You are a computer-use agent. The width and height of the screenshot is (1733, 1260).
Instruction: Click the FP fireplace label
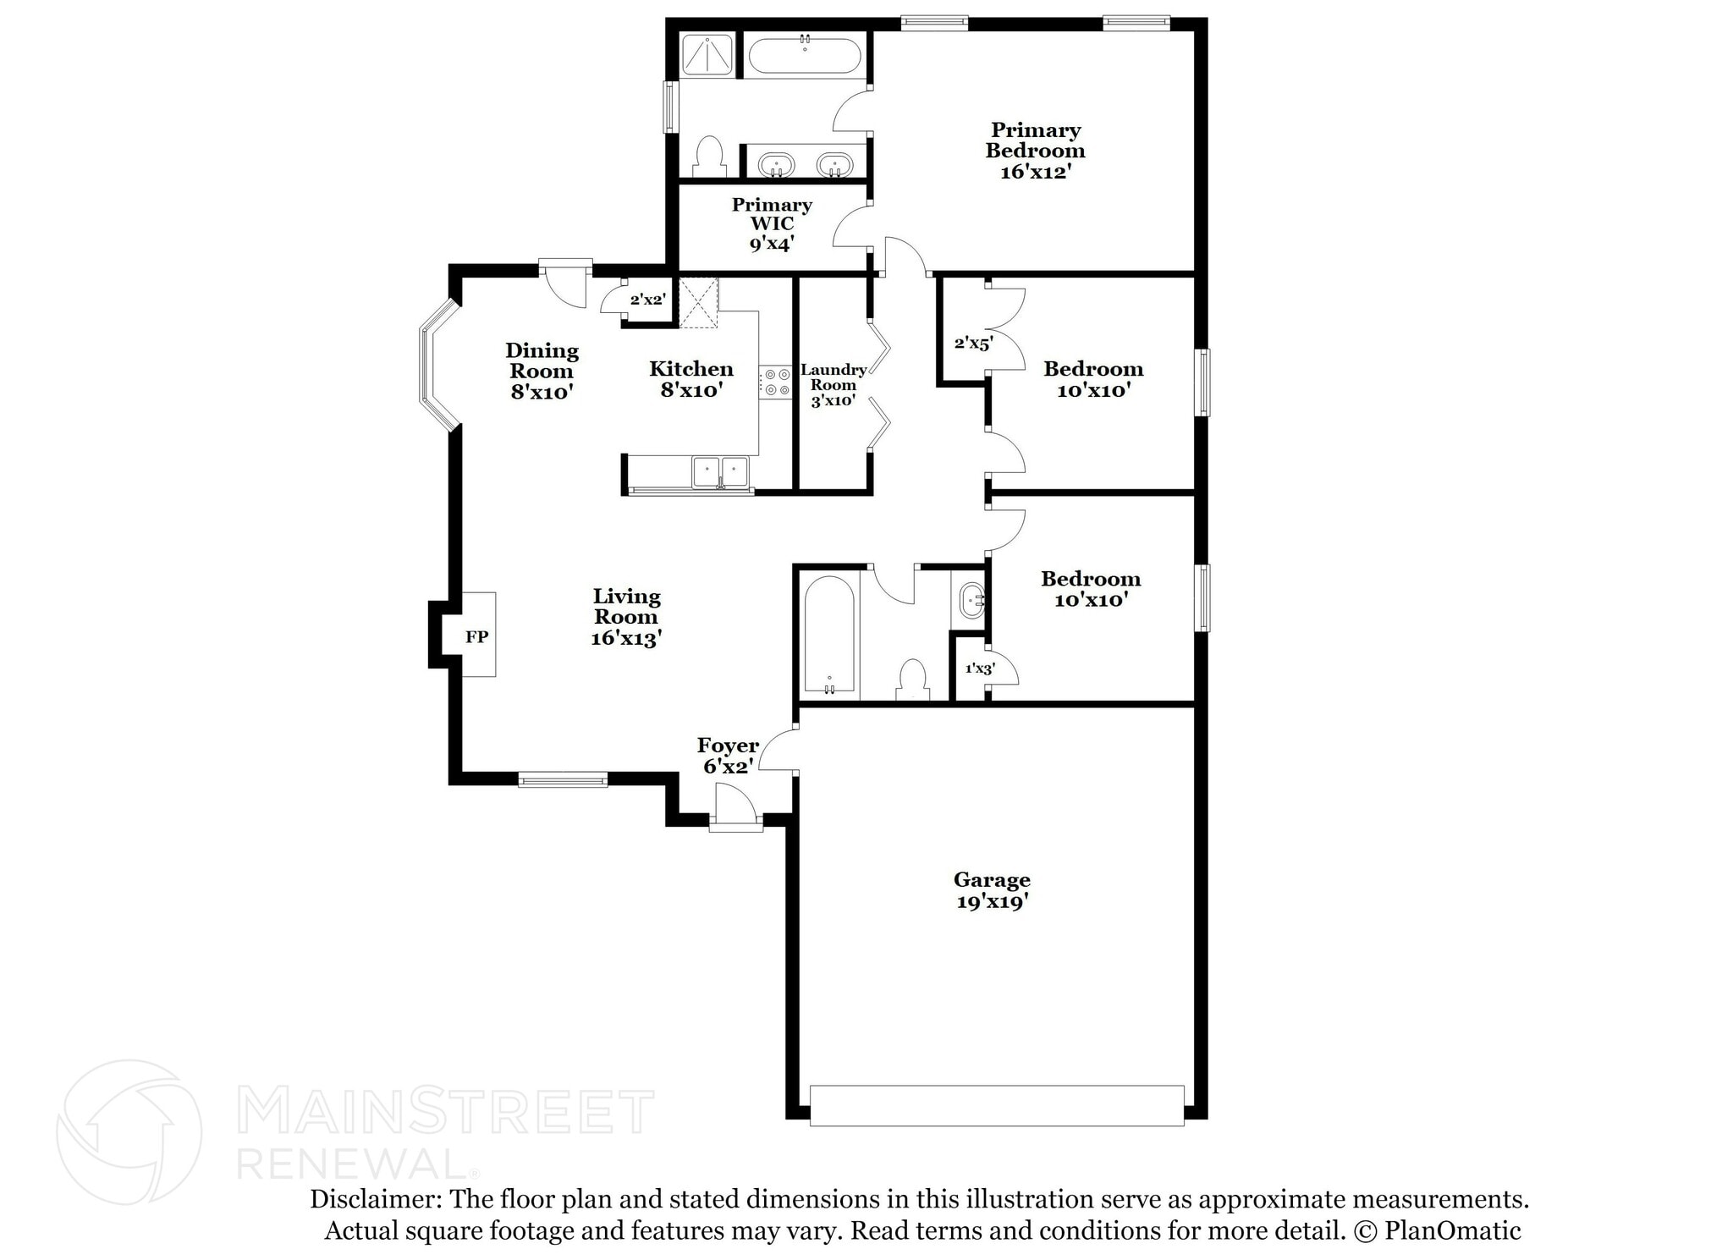click(x=476, y=636)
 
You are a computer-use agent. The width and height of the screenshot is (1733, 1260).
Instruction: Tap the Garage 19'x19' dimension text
click(x=992, y=902)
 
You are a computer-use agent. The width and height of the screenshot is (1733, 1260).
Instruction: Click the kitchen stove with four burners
click(x=774, y=382)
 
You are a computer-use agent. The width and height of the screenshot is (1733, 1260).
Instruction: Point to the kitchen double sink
click(x=720, y=472)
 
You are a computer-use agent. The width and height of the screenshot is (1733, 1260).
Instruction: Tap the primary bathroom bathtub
click(x=804, y=56)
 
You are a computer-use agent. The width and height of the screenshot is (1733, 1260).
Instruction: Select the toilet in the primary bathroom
click(x=709, y=157)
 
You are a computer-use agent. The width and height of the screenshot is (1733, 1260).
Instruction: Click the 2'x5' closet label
click(x=973, y=343)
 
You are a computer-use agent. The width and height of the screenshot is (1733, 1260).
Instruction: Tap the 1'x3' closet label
click(x=980, y=668)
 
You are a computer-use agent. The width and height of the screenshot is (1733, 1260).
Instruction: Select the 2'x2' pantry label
click(x=647, y=299)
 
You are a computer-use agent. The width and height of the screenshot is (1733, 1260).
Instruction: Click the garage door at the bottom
click(x=996, y=1105)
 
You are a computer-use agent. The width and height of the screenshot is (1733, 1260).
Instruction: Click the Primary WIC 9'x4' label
click(x=771, y=224)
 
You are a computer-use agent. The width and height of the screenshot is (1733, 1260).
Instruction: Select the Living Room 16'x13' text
click(x=626, y=617)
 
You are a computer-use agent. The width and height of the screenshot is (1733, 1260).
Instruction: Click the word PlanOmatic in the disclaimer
click(x=1452, y=1230)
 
